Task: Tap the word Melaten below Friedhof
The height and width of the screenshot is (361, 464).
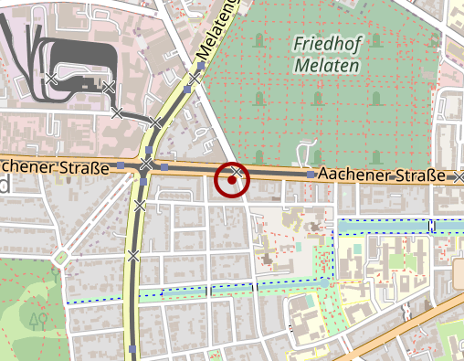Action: [x=327, y=66]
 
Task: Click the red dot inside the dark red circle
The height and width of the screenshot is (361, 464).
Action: [x=233, y=180]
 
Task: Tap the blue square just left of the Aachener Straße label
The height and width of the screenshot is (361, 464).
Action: [x=311, y=174]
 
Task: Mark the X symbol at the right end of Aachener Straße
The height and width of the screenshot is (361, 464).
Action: [x=459, y=175]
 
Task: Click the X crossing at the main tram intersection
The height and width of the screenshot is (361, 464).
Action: [x=146, y=165]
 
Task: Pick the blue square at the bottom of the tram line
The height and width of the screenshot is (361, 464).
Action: [x=134, y=349]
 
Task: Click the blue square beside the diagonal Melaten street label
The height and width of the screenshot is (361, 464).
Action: [x=200, y=66]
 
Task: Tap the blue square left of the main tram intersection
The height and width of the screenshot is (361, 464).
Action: [x=120, y=166]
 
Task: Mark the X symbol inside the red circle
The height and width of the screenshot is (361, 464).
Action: [x=236, y=172]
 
